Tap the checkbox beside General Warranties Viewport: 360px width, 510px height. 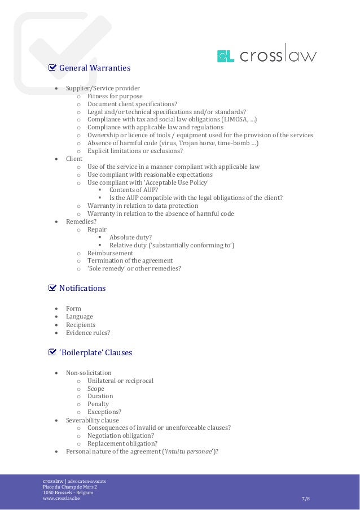pos(52,68)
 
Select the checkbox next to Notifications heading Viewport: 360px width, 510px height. pos(52,288)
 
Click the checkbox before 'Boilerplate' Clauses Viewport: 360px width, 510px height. pos(52,352)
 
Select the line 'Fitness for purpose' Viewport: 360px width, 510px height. pos(115,96)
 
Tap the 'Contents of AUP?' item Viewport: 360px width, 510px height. pos(134,190)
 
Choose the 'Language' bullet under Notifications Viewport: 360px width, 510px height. pos(80,317)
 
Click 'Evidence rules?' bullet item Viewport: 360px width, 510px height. pos(88,333)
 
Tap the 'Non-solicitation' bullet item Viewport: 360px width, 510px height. pos(89,373)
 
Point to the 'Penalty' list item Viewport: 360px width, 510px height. pos(98,404)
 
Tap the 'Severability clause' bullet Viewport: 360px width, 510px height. pos(93,420)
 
